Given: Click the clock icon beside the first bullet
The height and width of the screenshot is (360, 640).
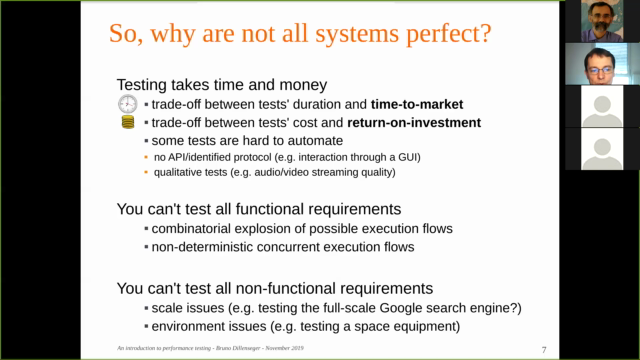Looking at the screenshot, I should click(126, 104).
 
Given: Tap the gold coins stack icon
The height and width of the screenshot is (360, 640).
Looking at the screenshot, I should click(127, 123).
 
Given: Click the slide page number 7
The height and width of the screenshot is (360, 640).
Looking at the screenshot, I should click(543, 349).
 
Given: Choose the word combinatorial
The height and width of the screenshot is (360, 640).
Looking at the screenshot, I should click(196, 229).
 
